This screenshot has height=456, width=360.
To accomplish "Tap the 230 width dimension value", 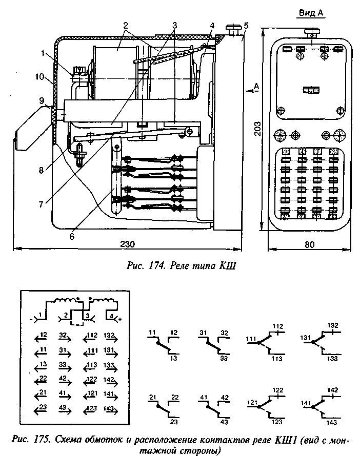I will pos(127,245).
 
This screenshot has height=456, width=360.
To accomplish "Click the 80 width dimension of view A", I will pos(309,245).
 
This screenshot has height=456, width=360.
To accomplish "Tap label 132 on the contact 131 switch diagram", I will pos(332,325).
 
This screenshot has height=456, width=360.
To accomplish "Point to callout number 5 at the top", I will pos(246,25).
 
